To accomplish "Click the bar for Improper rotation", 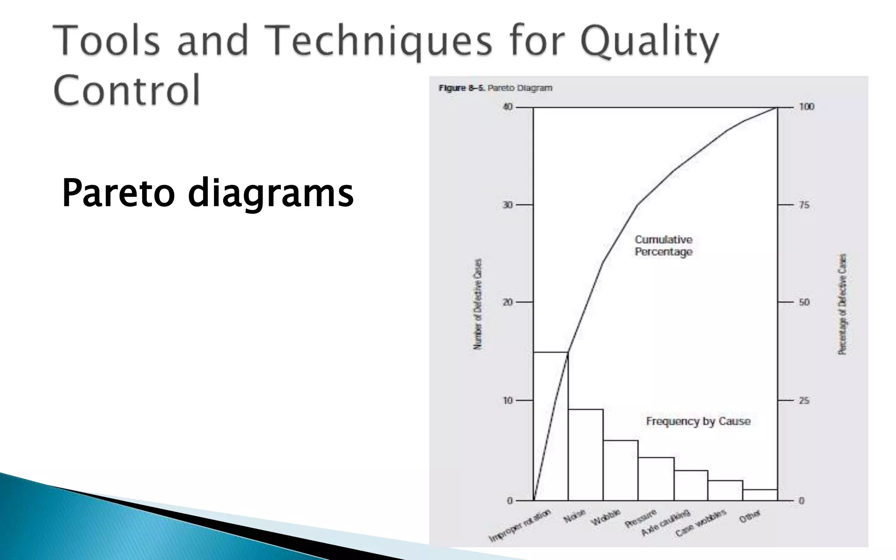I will coord(550,427).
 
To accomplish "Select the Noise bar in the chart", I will coord(585,455).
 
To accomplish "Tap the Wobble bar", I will coord(620,470).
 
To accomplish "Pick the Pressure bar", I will coord(656,479).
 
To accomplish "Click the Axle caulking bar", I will coord(691,486).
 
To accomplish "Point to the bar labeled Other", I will coord(760,495).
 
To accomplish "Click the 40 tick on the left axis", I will coord(507,107).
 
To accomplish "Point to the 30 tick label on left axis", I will coord(507,205).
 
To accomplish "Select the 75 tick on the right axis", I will coord(804,205).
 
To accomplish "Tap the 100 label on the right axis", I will coord(806,107).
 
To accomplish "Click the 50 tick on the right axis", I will coord(804,302).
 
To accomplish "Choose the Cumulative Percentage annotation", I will coord(664,246).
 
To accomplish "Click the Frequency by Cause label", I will coord(698,421).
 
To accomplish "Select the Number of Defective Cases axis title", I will coord(478,304).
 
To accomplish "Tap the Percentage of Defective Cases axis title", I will coord(842,304).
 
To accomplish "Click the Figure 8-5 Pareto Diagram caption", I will coord(495,88).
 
